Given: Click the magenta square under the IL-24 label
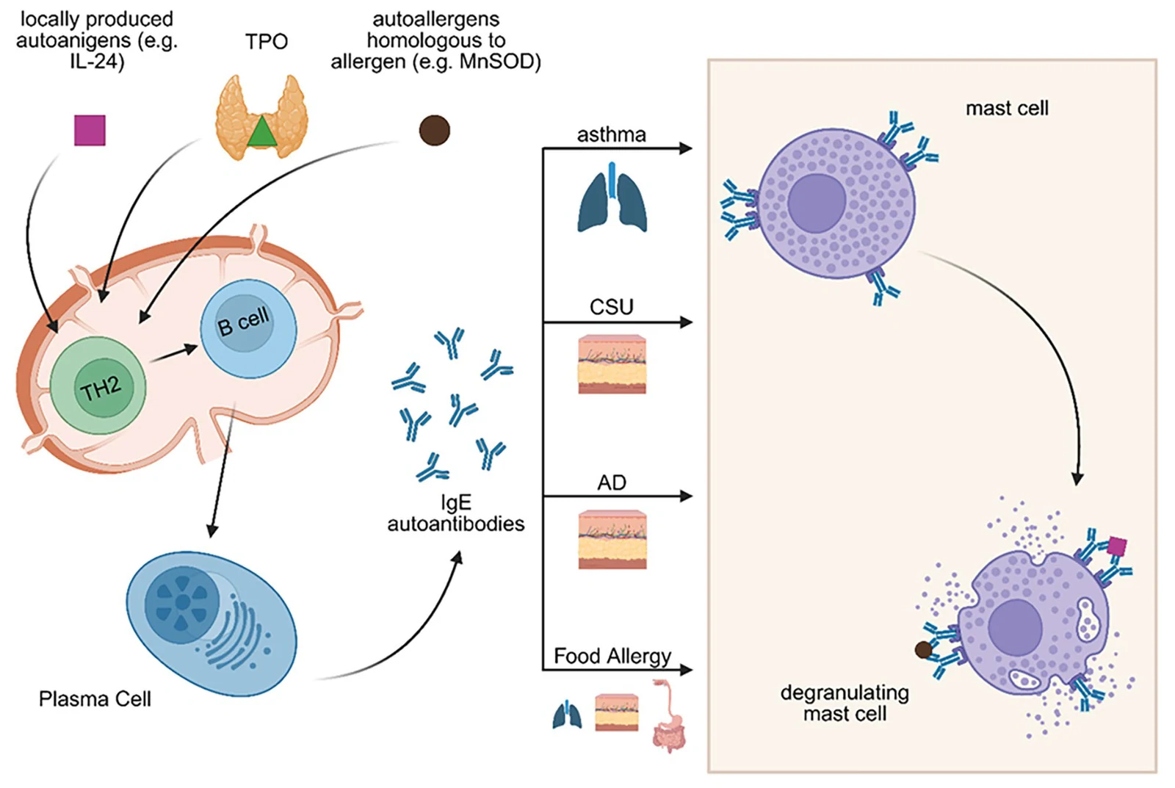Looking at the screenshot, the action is click(x=90, y=130).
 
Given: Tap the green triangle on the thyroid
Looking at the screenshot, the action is click(x=261, y=131).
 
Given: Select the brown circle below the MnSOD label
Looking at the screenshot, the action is click(x=434, y=130).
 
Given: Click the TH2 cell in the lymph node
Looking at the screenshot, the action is click(x=98, y=386).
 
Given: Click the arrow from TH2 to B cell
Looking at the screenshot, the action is click(x=173, y=353).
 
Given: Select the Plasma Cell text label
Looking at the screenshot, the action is click(x=95, y=699).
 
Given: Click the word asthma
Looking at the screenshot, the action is click(x=611, y=135).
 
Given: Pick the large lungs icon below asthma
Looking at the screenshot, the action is click(x=612, y=198).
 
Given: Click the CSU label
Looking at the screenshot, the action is click(x=612, y=307).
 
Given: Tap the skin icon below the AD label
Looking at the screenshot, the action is click(x=612, y=540).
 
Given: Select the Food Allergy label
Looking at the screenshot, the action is click(x=612, y=656).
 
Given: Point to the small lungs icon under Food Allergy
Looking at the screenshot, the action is click(x=567, y=715).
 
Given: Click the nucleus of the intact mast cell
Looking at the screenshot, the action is click(x=816, y=203).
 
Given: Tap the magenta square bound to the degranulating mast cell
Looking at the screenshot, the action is click(x=1117, y=546).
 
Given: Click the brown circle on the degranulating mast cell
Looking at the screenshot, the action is click(x=923, y=650).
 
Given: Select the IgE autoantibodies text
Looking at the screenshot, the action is click(x=456, y=513).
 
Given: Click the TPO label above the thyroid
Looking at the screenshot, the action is click(x=267, y=41).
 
